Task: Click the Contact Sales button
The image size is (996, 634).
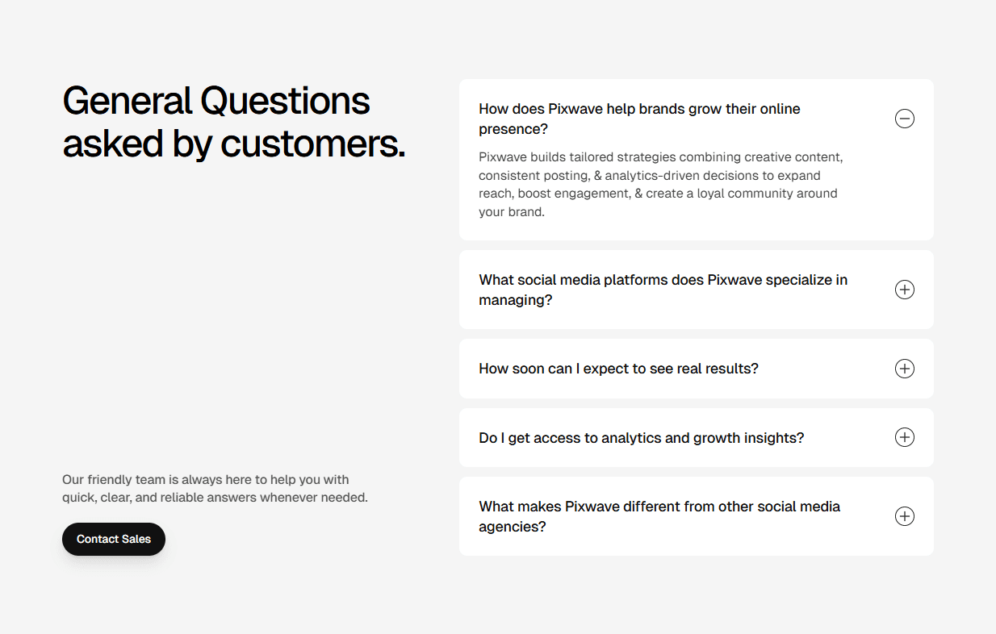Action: pos(114,539)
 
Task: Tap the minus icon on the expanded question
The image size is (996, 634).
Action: pos(905,119)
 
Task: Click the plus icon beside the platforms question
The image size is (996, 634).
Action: pos(905,290)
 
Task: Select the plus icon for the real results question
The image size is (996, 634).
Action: pos(905,369)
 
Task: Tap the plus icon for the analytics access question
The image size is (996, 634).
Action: pos(905,437)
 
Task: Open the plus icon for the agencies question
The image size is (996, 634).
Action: pos(905,516)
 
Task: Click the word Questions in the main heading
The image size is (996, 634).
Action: pos(285,102)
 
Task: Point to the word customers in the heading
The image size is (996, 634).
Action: pos(312,144)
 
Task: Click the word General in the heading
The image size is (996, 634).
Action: pos(128,102)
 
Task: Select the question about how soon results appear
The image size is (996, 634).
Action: pos(618,369)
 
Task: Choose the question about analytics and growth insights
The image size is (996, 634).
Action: pos(641,438)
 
